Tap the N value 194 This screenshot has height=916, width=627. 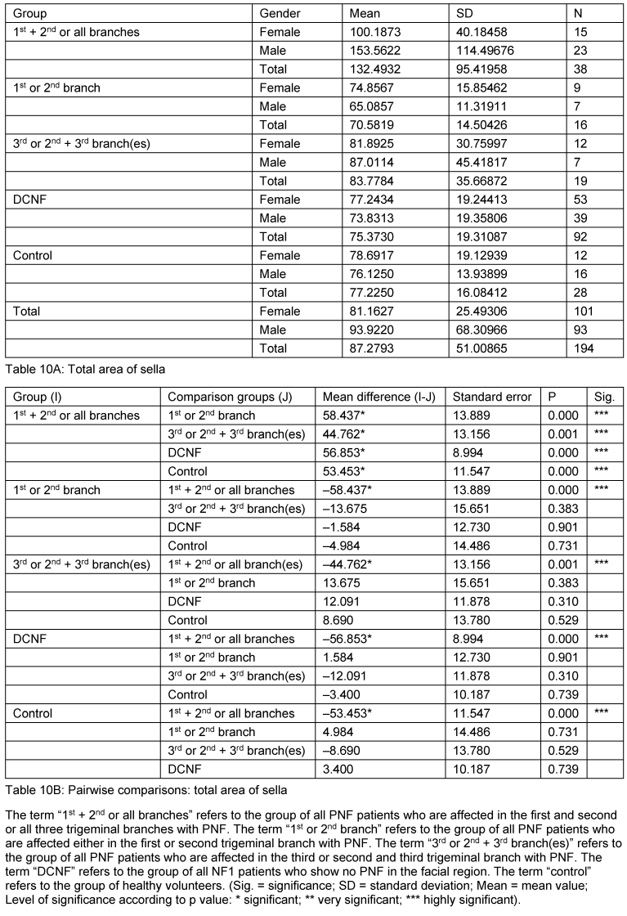[584, 348]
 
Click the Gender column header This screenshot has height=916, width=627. [280, 13]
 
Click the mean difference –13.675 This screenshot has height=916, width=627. [324, 509]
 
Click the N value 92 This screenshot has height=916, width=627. [581, 237]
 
